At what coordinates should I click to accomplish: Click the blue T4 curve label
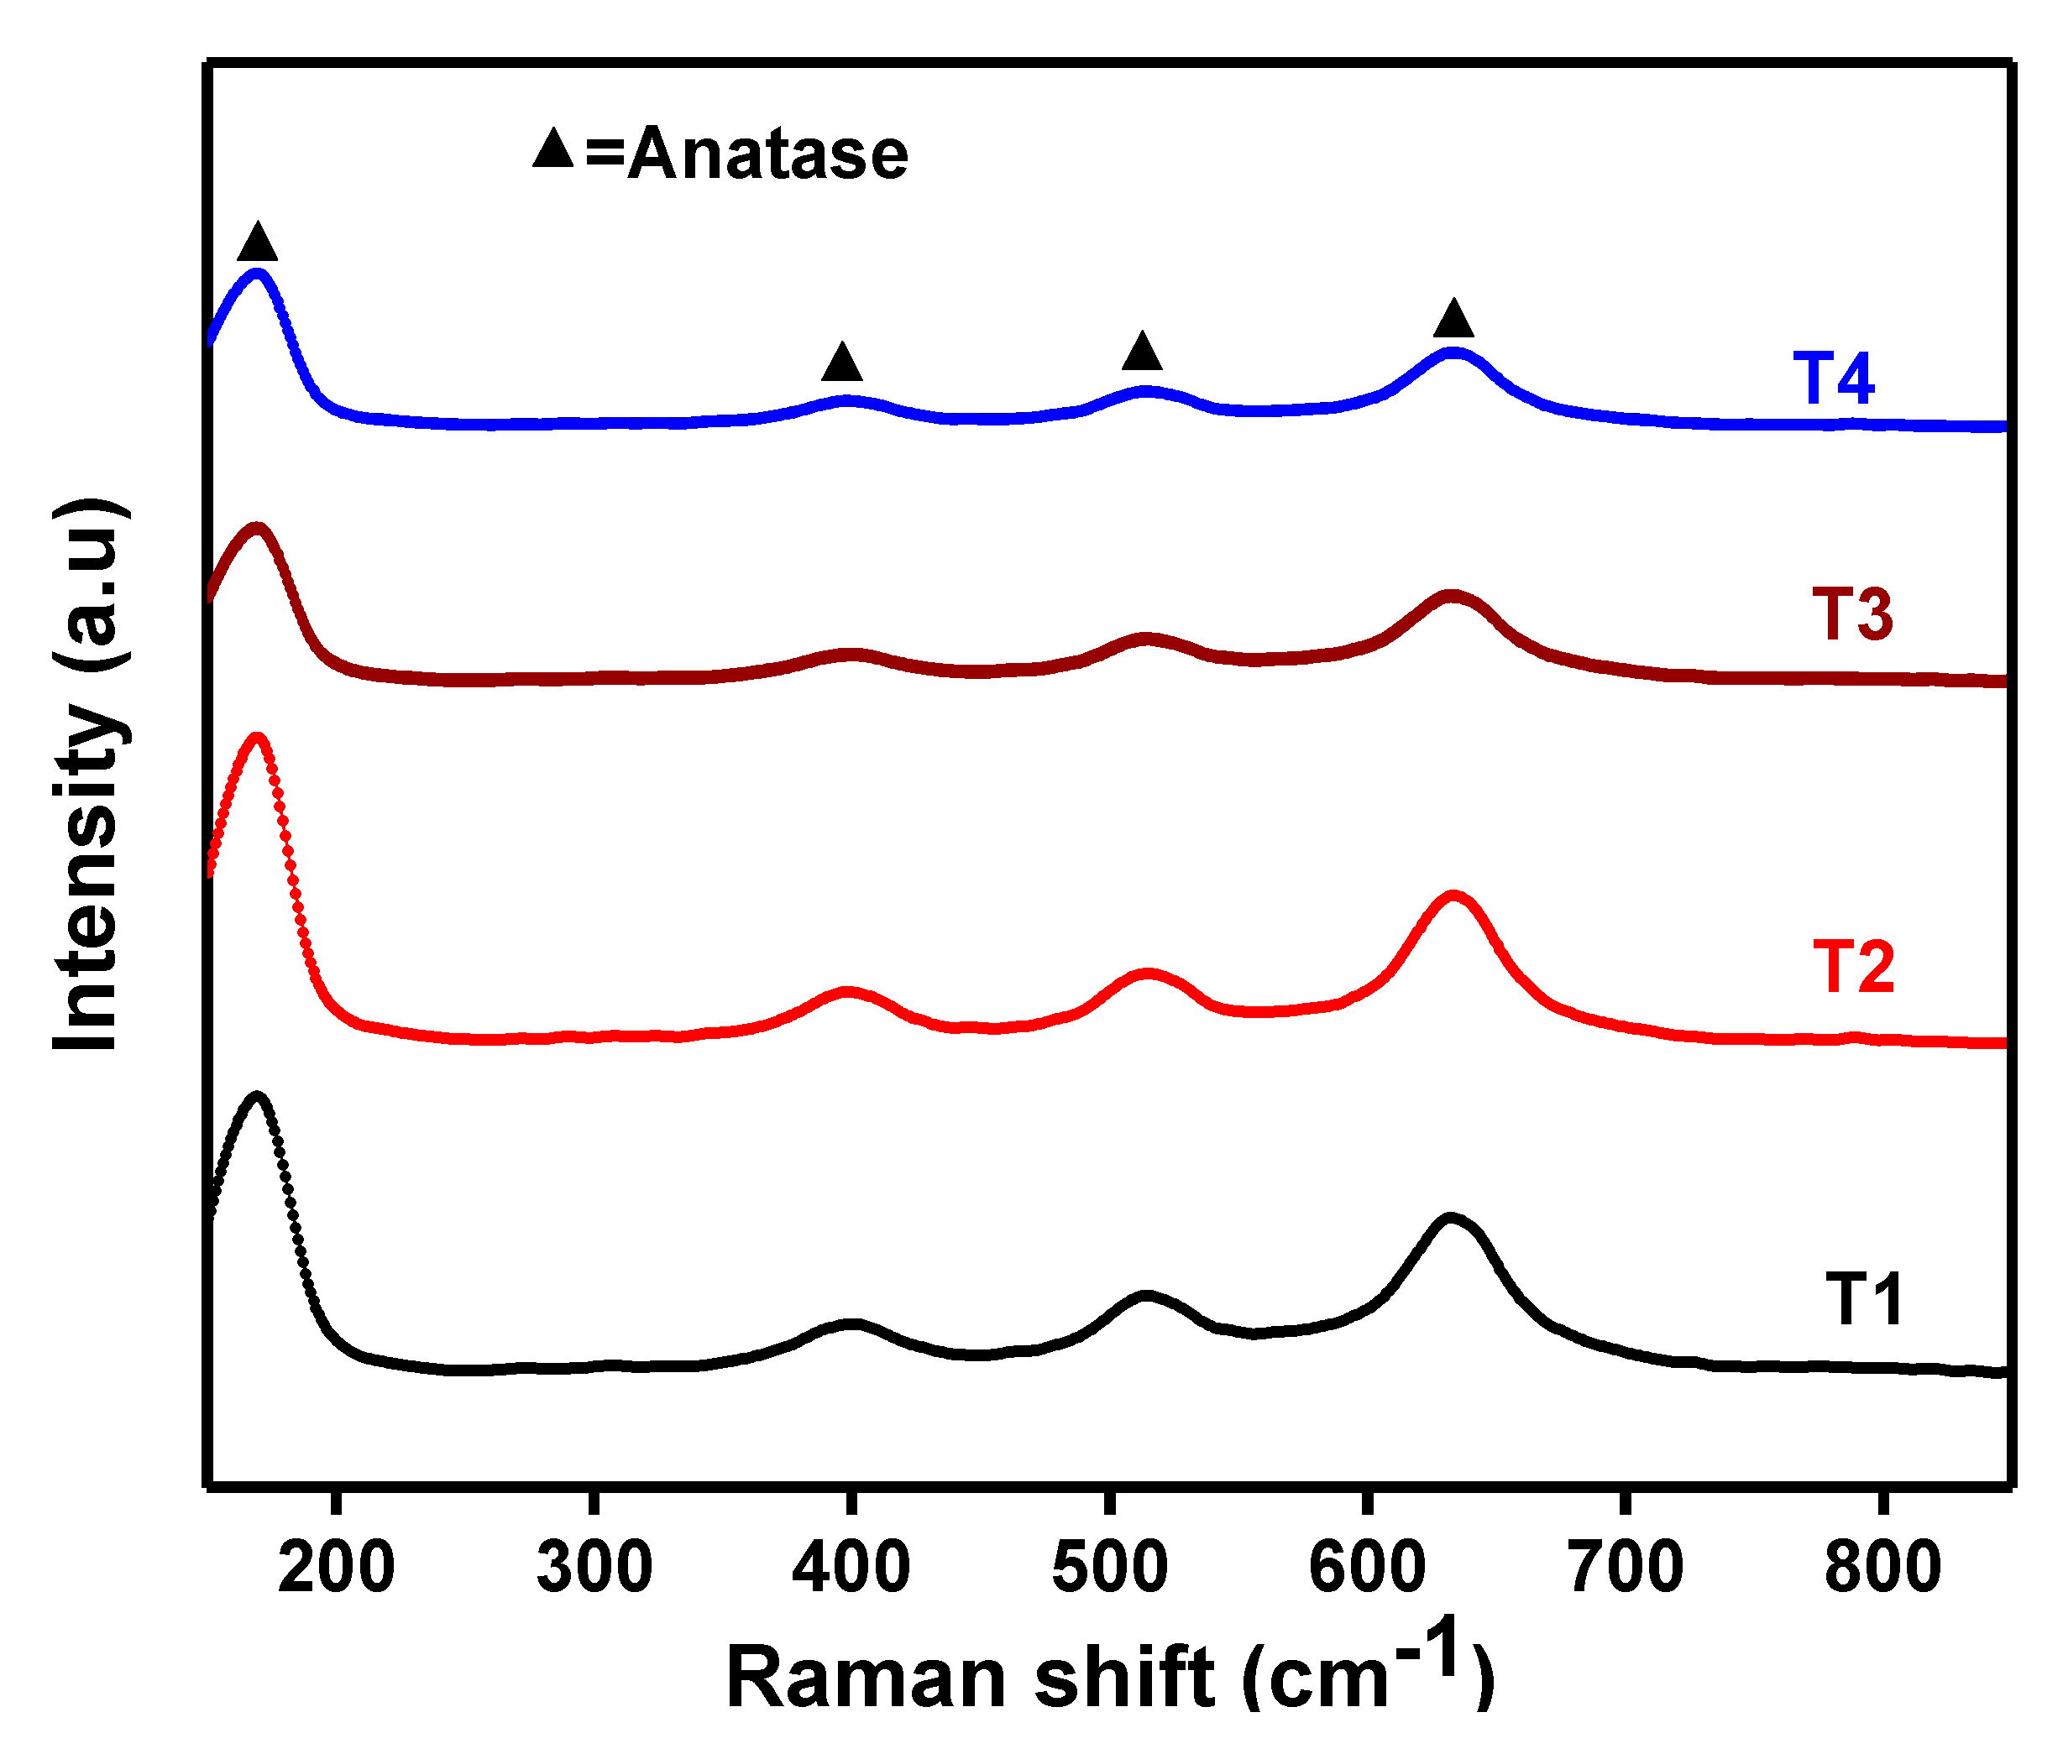pyautogui.click(x=1832, y=378)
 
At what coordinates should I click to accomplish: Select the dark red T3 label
pyautogui.click(x=1852, y=613)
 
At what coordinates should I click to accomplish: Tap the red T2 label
pyautogui.click(x=1853, y=968)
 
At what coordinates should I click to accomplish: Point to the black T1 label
pyautogui.click(x=1864, y=1300)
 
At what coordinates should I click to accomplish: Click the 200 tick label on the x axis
pyautogui.click(x=336, y=1568)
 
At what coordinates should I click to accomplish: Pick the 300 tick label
pyautogui.click(x=594, y=1568)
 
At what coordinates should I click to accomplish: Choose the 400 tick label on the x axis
pyautogui.click(x=851, y=1568)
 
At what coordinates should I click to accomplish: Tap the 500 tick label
pyautogui.click(x=1109, y=1568)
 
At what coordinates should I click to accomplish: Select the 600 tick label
pyautogui.click(x=1367, y=1568)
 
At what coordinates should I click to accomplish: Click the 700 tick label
pyautogui.click(x=1626, y=1568)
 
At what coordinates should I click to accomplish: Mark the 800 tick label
pyautogui.click(x=1882, y=1568)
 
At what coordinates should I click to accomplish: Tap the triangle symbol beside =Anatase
pyautogui.click(x=553, y=149)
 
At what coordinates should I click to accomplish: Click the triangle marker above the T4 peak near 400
pyautogui.click(x=841, y=363)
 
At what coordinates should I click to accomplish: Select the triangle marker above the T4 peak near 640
pyautogui.click(x=1453, y=319)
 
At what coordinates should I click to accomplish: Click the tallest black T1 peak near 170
pyautogui.click(x=258, y=1098)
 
